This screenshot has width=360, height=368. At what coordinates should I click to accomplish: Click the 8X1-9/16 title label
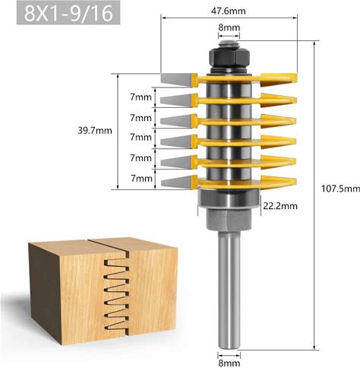point(68,13)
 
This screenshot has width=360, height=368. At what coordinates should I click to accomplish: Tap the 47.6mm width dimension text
point(228,11)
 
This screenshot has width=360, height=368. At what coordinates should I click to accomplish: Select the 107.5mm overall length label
point(340,189)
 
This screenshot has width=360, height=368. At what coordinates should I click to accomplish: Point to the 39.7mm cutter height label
point(95,131)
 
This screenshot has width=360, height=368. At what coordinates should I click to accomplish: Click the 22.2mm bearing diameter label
point(280,206)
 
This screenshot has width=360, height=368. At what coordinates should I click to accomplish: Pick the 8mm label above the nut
point(229,27)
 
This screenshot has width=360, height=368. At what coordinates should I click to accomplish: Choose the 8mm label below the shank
point(229,363)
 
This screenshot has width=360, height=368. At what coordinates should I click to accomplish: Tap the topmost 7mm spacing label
point(141,97)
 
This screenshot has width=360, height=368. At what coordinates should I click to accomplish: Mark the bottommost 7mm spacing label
point(141,179)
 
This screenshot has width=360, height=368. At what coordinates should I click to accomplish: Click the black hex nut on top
point(229,58)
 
